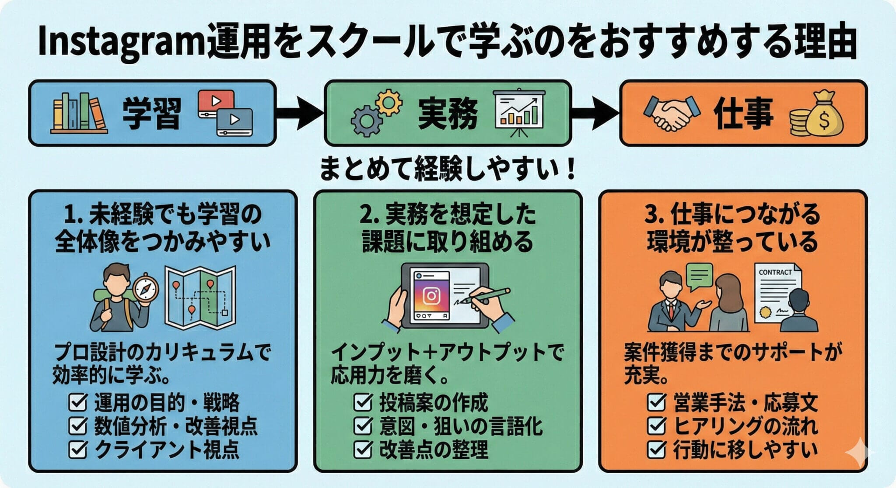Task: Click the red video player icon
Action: pyautogui.click(x=215, y=102)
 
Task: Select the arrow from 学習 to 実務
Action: pyautogui.click(x=300, y=113)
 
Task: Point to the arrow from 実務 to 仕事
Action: pyautogui.click(x=595, y=113)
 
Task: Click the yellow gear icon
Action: pyautogui.click(x=388, y=102)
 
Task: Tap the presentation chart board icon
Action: pyautogui.click(x=519, y=112)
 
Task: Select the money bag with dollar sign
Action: pyautogui.click(x=824, y=114)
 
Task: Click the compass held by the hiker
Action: pyautogui.click(x=145, y=288)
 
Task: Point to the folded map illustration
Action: pyautogui.click(x=200, y=297)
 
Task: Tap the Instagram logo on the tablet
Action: pyautogui.click(x=431, y=296)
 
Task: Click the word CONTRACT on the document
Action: pyautogui.click(x=775, y=272)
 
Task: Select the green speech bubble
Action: pyautogui.click(x=700, y=277)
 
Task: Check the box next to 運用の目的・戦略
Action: pyautogui.click(x=78, y=403)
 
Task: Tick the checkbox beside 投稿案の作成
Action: pyautogui.click(x=363, y=403)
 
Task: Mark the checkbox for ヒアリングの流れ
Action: pyautogui.click(x=656, y=426)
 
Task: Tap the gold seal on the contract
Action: pyautogui.click(x=766, y=312)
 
